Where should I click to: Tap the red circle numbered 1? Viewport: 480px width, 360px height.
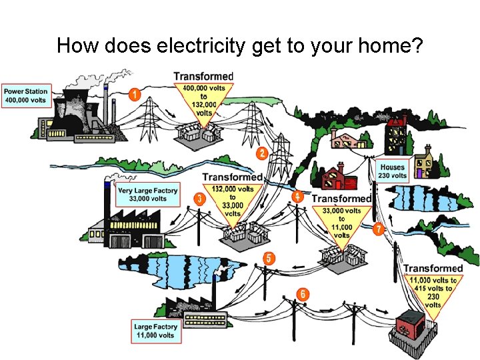pyautogui.click(x=134, y=95)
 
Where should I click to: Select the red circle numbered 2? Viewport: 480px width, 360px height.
pyautogui.click(x=262, y=153)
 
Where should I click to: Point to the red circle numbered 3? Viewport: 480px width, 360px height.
pyautogui.click(x=199, y=199)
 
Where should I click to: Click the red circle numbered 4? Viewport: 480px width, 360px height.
pyautogui.click(x=298, y=197)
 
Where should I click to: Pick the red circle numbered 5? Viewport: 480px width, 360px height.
pyautogui.click(x=269, y=259)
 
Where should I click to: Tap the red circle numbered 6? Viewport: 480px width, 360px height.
pyautogui.click(x=303, y=293)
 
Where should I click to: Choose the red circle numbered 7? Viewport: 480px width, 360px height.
pyautogui.click(x=378, y=229)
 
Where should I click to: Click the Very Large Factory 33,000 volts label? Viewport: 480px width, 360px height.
pyautogui.click(x=147, y=194)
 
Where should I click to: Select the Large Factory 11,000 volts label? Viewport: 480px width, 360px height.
pyautogui.click(x=155, y=331)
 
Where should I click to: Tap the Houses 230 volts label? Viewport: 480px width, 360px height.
pyautogui.click(x=392, y=171)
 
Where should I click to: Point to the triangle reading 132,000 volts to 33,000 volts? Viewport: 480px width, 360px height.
pyautogui.click(x=232, y=200)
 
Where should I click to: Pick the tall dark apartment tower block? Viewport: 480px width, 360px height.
pyautogui.click(x=397, y=135)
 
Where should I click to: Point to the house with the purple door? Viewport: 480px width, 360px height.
pyautogui.click(x=422, y=166)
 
